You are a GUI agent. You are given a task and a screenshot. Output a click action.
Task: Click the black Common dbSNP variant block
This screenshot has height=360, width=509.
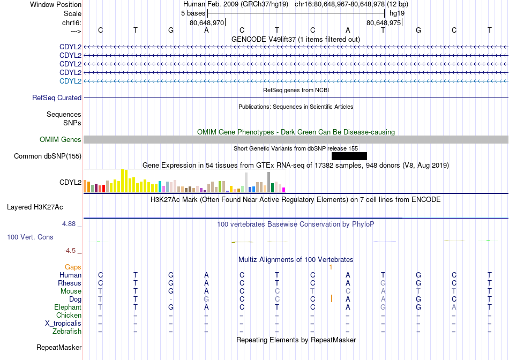(x=349, y=156)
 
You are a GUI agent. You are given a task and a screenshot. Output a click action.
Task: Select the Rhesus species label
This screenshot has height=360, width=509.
(x=70, y=283)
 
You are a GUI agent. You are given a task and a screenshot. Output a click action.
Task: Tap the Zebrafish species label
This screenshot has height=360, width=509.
(x=67, y=332)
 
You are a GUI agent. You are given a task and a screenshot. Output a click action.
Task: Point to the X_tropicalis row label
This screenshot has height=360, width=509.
(x=63, y=324)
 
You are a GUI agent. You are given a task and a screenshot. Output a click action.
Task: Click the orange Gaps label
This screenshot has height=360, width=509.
(x=73, y=267)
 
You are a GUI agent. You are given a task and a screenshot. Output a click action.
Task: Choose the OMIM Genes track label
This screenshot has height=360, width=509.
(x=61, y=140)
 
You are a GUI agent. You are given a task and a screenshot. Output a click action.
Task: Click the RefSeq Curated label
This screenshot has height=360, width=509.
(x=57, y=97)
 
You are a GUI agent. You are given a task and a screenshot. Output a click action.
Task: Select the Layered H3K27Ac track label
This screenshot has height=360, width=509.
(x=35, y=207)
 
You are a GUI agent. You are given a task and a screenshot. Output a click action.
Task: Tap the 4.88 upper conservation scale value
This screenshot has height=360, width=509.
(x=69, y=224)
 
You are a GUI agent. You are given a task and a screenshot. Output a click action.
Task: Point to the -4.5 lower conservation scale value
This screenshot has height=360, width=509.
(x=70, y=251)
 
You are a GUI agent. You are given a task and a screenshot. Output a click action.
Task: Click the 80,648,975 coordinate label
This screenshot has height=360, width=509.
(x=384, y=22)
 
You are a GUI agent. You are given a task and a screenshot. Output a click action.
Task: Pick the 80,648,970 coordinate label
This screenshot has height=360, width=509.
(x=207, y=22)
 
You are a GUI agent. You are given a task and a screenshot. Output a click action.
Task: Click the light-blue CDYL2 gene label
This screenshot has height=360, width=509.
(x=70, y=81)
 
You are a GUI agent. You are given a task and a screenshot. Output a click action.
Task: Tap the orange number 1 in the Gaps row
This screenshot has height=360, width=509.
(x=331, y=267)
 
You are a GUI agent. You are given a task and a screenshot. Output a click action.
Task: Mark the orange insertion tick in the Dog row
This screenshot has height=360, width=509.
(x=331, y=298)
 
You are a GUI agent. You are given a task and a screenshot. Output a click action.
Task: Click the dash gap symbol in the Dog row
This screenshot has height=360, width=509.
(x=171, y=299)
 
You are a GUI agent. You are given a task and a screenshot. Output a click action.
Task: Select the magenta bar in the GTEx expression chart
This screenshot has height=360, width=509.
(x=284, y=190)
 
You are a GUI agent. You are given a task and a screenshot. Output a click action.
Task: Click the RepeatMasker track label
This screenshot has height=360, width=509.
(x=59, y=347)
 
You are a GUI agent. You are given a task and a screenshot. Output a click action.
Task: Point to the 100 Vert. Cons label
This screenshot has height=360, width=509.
(x=30, y=237)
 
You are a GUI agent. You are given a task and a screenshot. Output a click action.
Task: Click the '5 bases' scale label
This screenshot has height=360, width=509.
(x=193, y=13)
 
